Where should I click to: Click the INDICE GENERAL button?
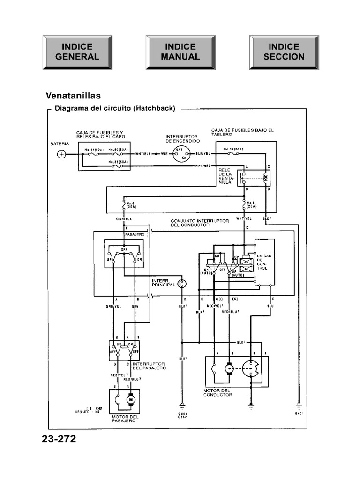(77, 52)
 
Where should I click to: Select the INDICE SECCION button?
(284, 52)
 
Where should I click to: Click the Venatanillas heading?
(73, 96)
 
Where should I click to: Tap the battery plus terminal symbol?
(61, 154)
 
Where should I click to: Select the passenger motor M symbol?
(131, 399)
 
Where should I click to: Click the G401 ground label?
(299, 413)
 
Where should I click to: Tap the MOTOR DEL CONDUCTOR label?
(218, 392)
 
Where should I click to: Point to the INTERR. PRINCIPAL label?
(163, 283)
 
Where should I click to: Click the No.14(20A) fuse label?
(233, 149)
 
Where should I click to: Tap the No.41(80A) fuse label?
(94, 150)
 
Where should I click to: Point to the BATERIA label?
(60, 143)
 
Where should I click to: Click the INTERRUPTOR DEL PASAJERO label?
(149, 366)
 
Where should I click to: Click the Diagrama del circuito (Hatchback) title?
(115, 108)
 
